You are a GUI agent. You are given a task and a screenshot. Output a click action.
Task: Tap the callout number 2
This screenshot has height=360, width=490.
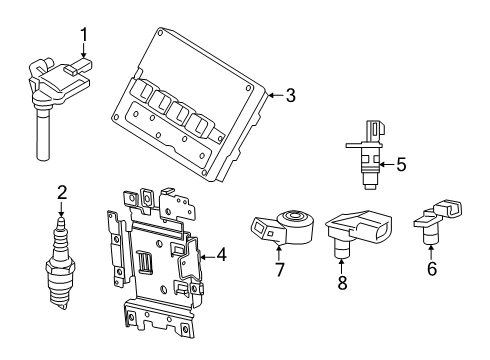tap(61, 192)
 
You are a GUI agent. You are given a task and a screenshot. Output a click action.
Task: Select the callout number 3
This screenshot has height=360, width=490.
tap(290, 96)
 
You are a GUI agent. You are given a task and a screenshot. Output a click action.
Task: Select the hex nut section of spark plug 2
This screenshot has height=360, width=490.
tap(61, 267)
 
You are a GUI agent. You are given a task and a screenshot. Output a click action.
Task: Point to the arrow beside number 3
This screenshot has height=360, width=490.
tap(275, 96)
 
